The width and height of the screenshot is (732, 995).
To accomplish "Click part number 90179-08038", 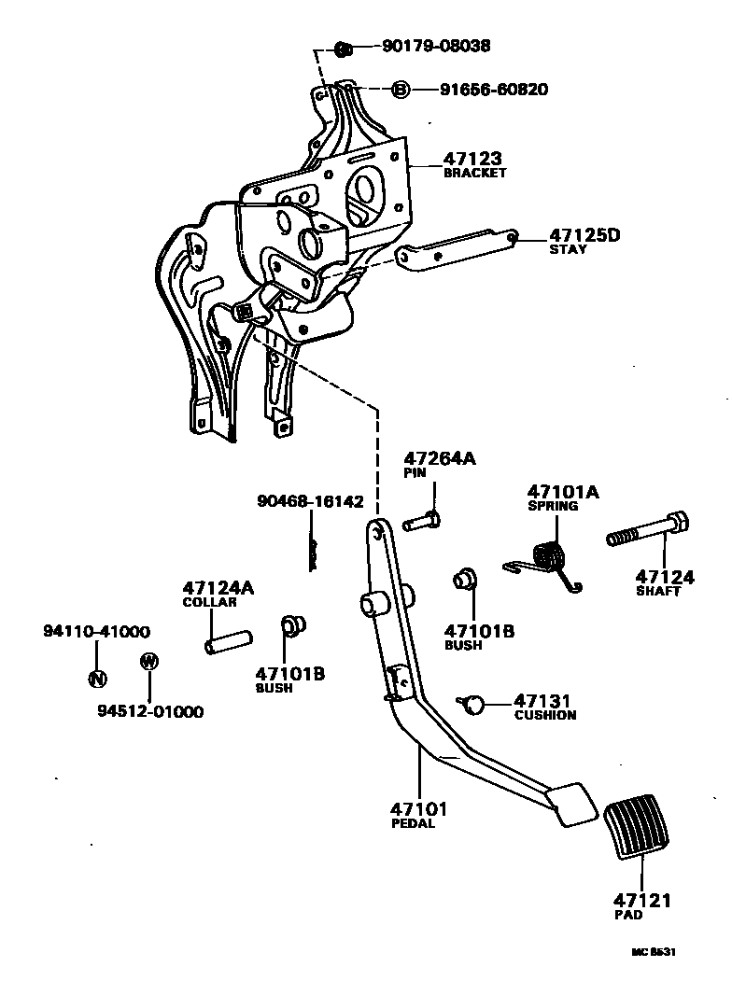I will click(x=435, y=45).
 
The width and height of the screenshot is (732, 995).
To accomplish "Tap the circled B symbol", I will click(x=400, y=90).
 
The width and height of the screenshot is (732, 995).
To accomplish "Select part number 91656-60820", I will click(x=494, y=90).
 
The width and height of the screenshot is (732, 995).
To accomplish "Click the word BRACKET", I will click(x=474, y=173).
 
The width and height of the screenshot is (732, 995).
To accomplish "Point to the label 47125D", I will click(x=584, y=235).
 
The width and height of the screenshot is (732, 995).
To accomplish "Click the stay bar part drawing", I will click(x=457, y=247).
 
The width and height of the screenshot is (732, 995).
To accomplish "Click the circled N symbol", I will click(x=95, y=678).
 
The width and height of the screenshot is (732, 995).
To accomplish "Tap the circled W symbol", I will click(x=148, y=662).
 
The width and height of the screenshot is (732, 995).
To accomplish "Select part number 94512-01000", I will click(x=149, y=711).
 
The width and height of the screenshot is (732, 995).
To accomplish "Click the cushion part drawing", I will click(x=475, y=703).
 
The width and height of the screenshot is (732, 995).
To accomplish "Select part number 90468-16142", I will click(x=310, y=502).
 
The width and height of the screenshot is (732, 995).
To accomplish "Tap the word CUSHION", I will click(x=545, y=715).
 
